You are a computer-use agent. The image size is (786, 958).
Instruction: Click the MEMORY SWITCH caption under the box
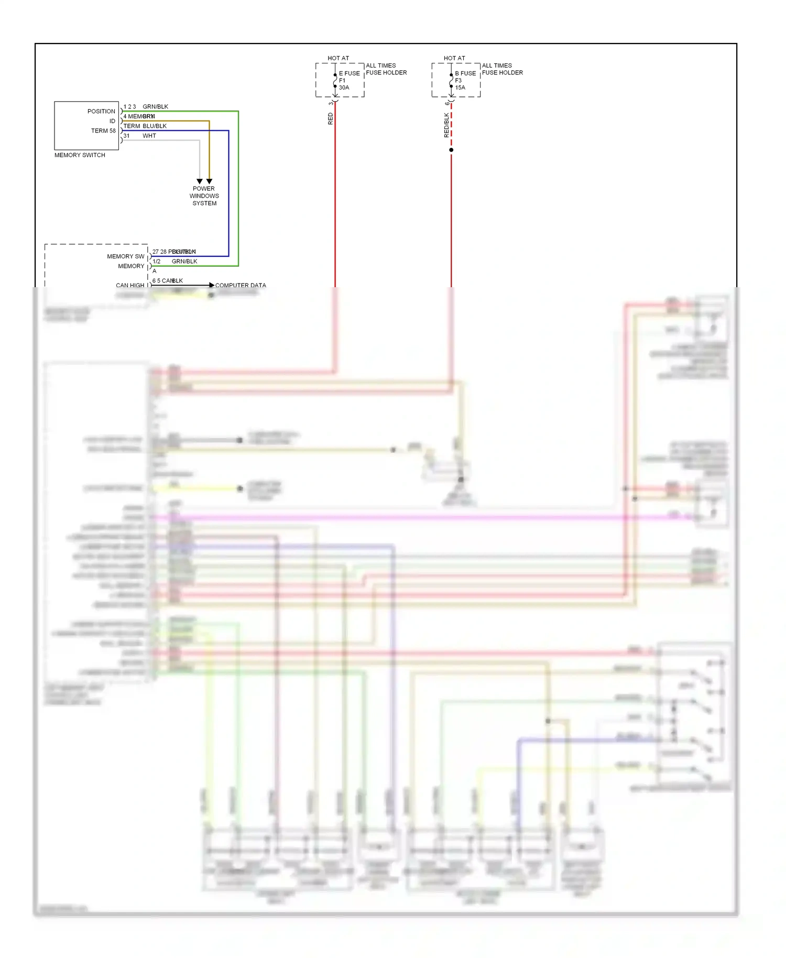80,155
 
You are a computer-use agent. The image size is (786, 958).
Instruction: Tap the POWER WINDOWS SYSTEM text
204,196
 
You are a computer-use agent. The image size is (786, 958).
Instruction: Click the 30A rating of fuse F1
344,88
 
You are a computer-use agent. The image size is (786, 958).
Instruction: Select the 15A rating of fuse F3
460,88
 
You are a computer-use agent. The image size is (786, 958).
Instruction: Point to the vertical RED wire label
330,118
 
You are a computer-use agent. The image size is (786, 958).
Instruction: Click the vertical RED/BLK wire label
446,125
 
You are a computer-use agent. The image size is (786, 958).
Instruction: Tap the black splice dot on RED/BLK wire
451,150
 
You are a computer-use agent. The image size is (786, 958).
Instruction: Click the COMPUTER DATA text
241,286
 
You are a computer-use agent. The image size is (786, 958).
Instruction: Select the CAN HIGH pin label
129,286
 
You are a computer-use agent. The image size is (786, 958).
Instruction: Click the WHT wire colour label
149,136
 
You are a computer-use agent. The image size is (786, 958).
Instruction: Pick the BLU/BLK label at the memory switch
155,126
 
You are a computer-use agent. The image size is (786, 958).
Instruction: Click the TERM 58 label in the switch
103,131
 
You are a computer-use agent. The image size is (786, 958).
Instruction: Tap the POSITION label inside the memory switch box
101,112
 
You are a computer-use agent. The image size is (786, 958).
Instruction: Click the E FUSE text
350,73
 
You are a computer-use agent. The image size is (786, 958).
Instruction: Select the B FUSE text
465,73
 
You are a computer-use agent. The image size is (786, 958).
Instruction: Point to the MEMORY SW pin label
125,257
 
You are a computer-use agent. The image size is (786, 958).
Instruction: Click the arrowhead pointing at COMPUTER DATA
212,285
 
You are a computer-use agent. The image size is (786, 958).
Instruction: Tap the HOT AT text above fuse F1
338,58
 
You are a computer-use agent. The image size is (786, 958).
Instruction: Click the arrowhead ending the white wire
200,181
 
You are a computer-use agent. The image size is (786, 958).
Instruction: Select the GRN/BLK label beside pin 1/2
184,262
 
